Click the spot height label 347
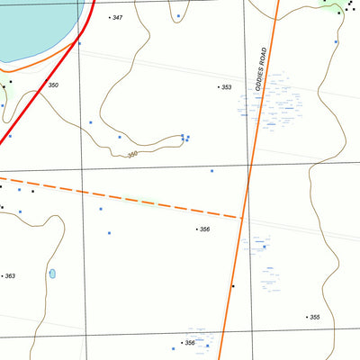point(117,18)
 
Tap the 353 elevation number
point(227,87)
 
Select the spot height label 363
point(10,276)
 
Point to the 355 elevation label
point(314,317)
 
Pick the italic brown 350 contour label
point(132,155)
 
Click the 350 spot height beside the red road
point(53,85)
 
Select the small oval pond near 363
point(52,273)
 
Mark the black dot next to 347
point(109,17)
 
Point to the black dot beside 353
point(219,87)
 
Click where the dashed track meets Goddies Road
point(243,217)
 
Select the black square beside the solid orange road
point(232,286)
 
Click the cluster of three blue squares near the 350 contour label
point(185,138)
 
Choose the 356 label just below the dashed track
point(205,229)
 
